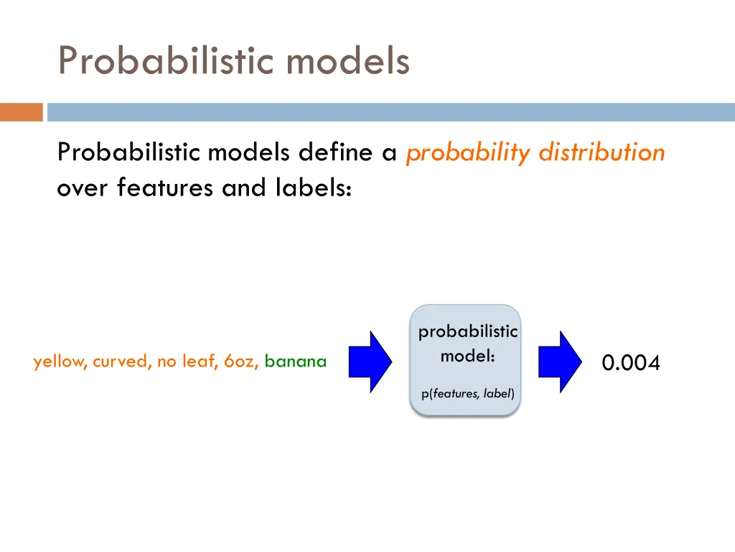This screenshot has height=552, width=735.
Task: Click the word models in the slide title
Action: [348, 60]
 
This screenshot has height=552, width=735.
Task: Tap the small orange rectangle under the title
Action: [22, 112]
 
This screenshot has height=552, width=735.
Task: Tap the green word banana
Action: [296, 362]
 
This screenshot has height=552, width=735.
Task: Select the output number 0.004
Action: [630, 364]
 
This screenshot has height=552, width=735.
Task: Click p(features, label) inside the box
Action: [467, 394]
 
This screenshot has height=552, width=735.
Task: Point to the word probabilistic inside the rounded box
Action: [467, 331]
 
